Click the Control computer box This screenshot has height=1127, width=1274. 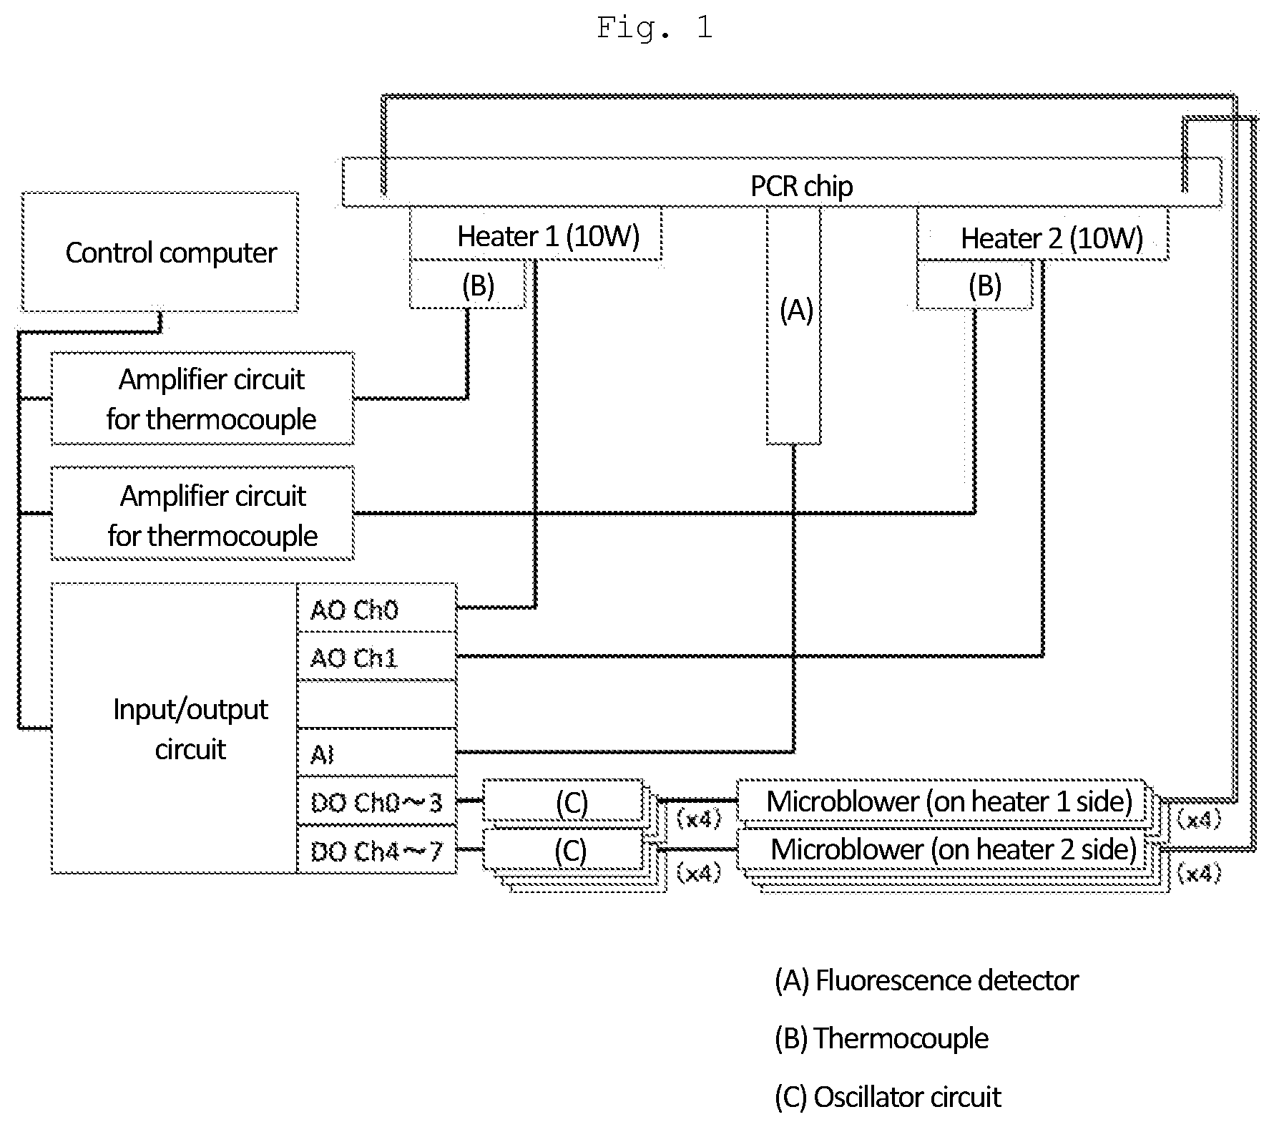(160, 252)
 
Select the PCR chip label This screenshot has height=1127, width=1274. (801, 186)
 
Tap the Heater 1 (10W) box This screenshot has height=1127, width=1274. (536, 234)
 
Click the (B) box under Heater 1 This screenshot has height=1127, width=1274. (467, 285)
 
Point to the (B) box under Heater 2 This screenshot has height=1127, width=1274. (975, 285)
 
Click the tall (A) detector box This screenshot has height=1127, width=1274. (793, 326)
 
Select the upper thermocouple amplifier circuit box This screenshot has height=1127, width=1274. (202, 399)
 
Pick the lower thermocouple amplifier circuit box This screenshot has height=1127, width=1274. (202, 513)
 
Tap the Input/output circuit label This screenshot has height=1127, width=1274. (191, 728)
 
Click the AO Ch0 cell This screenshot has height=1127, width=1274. (377, 608)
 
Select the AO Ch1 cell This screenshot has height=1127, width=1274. (377, 656)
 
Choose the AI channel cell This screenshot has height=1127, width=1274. (377, 753)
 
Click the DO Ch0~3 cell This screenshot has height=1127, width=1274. (377, 801)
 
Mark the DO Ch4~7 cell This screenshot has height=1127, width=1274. (377, 849)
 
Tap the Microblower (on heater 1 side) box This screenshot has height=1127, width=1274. (941, 801)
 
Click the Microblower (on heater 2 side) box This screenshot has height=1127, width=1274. (941, 849)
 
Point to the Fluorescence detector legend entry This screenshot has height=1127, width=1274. (926, 980)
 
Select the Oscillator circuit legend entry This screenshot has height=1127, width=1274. (888, 1097)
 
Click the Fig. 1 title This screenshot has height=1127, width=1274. (655, 28)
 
